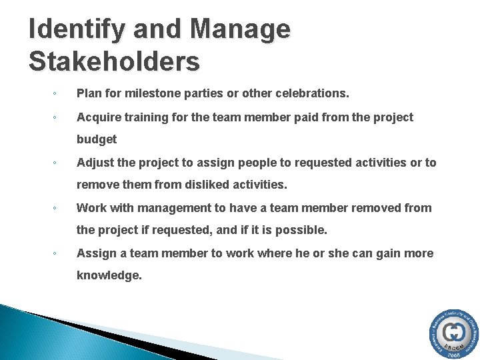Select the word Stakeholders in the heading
coord(114,61)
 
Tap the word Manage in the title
coord(241,30)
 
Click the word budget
coord(97,139)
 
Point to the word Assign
coord(95,253)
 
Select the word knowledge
coord(109,275)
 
